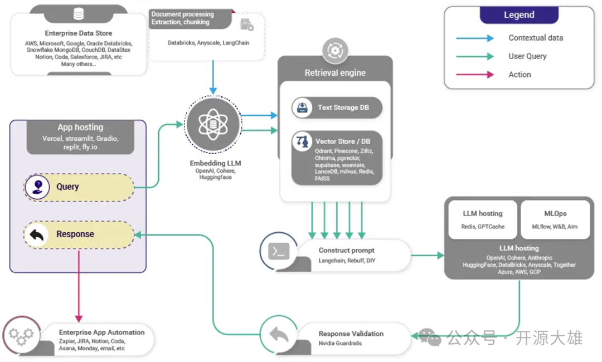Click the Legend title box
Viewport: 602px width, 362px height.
point(519,15)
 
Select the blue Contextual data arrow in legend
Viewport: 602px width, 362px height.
point(475,38)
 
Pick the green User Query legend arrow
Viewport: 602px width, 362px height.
point(475,56)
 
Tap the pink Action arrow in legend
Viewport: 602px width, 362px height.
point(475,75)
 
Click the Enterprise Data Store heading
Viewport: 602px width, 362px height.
point(79,33)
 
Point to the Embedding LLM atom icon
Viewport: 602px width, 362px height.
point(212,124)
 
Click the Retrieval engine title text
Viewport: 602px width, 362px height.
point(335,73)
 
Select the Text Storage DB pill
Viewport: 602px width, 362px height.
point(337,107)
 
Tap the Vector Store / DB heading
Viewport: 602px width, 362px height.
point(343,141)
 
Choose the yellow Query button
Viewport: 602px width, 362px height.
point(79,187)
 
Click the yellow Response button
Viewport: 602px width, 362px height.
point(79,234)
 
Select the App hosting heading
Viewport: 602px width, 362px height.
point(80,128)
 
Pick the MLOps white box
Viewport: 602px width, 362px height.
point(555,219)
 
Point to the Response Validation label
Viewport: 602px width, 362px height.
point(351,334)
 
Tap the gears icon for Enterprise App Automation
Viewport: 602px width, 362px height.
point(21,336)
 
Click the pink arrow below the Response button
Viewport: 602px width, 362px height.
point(79,284)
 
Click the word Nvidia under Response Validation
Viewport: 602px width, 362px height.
point(329,344)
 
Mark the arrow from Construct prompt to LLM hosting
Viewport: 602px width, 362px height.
point(427,256)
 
